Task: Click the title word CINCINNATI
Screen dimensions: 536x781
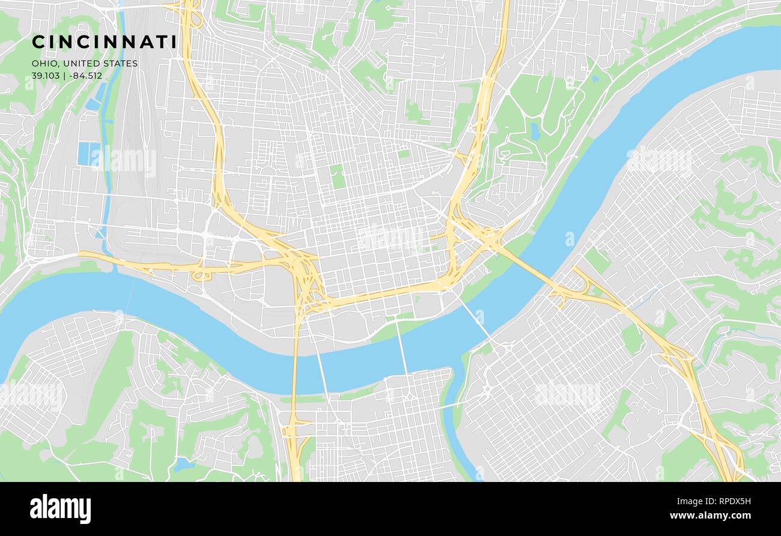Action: pos(104,42)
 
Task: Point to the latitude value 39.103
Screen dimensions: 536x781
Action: pos(46,76)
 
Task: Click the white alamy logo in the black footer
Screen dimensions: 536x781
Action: pos(60,509)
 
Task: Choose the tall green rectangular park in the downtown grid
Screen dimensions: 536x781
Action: pos(338,176)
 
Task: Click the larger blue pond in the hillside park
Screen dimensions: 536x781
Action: pos(535,131)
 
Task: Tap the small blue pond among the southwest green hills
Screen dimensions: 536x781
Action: pos(183,464)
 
